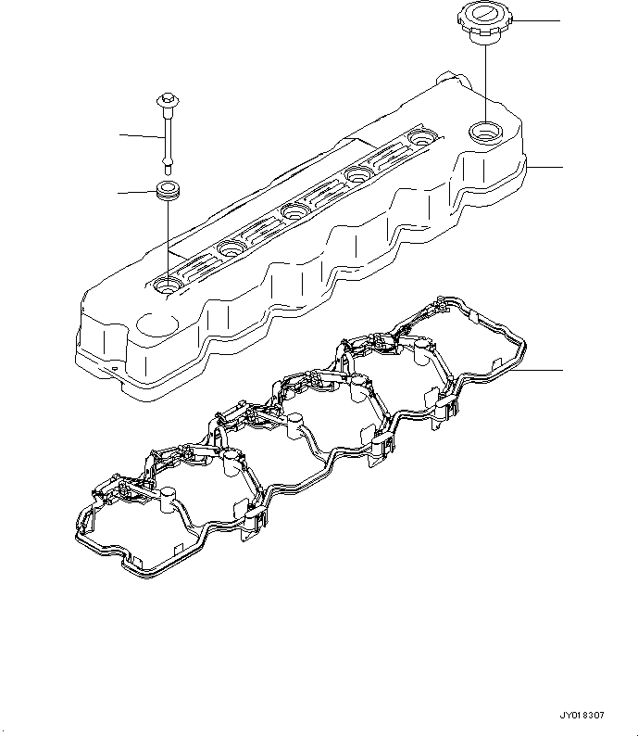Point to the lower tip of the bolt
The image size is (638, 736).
167,169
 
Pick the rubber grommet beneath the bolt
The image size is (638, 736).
167,192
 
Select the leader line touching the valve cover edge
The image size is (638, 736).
544,167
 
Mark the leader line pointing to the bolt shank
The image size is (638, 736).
142,136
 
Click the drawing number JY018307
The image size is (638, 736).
582,716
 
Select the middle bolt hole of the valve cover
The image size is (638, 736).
295,211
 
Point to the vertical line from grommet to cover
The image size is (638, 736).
167,241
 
